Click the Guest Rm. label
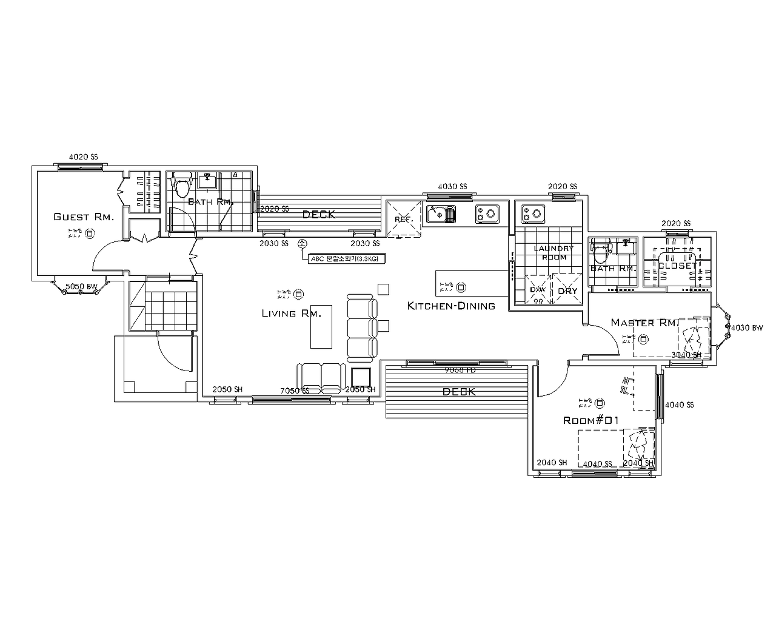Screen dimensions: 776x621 83,217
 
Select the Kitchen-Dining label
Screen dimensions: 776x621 451,306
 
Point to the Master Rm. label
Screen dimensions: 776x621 644,323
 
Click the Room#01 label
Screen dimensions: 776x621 590,420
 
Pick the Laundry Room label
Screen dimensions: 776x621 553,252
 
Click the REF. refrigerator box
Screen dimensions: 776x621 403,219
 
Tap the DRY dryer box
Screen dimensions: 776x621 567,290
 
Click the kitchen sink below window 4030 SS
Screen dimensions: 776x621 441,214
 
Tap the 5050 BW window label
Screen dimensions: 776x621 81,286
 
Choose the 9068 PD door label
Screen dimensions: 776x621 460,369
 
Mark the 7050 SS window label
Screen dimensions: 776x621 295,391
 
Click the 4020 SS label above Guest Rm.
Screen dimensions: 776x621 83,156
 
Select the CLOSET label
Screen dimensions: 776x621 676,266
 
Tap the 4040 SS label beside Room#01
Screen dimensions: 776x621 679,404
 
